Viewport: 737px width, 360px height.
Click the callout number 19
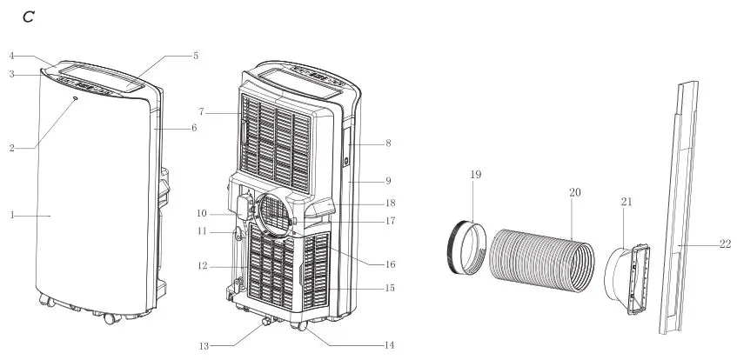click(x=476, y=175)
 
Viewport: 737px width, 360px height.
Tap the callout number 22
click(x=725, y=244)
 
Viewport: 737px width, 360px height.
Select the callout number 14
click(x=389, y=345)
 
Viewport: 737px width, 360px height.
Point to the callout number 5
click(x=196, y=56)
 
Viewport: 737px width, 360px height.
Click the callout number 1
click(x=12, y=216)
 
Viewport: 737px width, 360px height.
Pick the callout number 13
click(x=204, y=346)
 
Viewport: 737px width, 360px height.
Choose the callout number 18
click(x=390, y=203)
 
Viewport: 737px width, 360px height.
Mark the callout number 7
click(x=201, y=112)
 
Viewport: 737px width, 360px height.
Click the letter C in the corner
click(x=29, y=17)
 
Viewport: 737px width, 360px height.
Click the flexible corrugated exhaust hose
click(x=541, y=260)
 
